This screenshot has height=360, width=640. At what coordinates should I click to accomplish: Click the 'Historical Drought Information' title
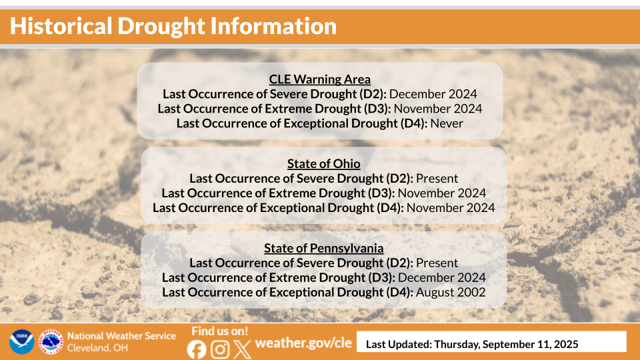pyautogui.click(x=173, y=27)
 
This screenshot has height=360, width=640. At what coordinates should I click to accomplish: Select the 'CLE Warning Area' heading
pyautogui.click(x=320, y=80)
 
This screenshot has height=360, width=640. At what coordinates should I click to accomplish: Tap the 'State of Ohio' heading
pyautogui.click(x=323, y=164)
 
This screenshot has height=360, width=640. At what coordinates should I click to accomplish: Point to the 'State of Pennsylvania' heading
pyautogui.click(x=323, y=248)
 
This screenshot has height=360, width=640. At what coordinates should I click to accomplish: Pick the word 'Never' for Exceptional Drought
pyautogui.click(x=447, y=123)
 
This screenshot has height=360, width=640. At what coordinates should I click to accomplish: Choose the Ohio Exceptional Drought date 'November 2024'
pyautogui.click(x=451, y=207)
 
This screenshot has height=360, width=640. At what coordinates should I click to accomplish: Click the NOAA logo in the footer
pyautogui.click(x=21, y=342)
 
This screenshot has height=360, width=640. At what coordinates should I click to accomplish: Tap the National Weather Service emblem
pyautogui.click(x=51, y=342)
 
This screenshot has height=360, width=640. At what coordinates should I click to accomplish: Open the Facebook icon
pyautogui.click(x=197, y=349)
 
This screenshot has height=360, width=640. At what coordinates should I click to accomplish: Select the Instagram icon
pyautogui.click(x=220, y=349)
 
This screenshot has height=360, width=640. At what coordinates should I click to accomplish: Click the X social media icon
pyautogui.click(x=243, y=349)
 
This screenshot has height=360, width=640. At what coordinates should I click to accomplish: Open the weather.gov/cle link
pyautogui.click(x=303, y=343)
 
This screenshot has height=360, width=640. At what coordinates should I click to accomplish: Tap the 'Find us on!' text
pyautogui.click(x=219, y=331)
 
